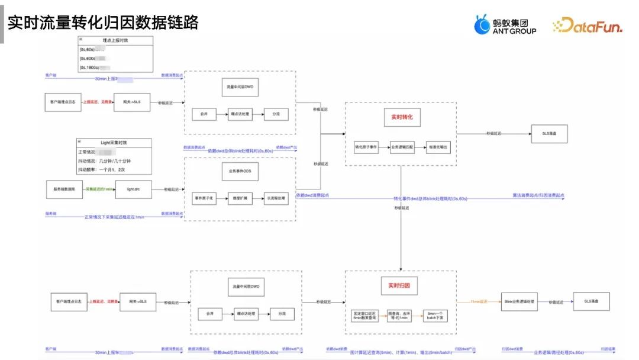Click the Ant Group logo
tap(505, 24)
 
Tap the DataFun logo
tap(587, 25)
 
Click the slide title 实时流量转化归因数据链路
tap(102, 22)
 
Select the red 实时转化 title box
tap(401, 117)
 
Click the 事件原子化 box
tap(205, 198)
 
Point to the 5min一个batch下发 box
tap(435, 316)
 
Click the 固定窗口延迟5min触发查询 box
tap(364, 316)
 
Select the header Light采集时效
tap(114, 143)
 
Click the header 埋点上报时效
tap(116, 39)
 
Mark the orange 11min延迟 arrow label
tap(479, 301)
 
